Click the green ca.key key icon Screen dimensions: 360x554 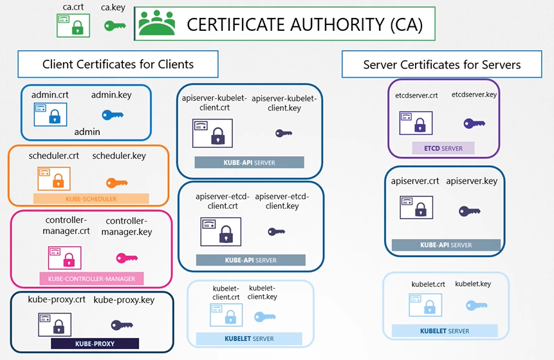[115, 26]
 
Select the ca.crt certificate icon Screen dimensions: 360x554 [71, 25]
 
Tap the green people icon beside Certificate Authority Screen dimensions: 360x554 [156, 24]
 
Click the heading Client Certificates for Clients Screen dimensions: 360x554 [118, 64]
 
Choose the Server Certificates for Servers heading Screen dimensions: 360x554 [441, 65]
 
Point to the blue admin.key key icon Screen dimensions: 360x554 [113, 115]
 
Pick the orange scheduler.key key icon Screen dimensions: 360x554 [116, 182]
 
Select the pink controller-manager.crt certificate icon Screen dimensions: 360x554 [64, 258]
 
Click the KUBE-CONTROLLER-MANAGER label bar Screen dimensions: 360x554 [91, 279]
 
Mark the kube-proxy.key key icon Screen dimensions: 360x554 [122, 325]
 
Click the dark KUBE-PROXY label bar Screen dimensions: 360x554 [95, 343]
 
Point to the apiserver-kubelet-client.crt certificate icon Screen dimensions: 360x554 [212, 133]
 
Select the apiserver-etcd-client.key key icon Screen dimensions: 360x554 [276, 231]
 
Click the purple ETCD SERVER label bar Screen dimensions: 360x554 [443, 148]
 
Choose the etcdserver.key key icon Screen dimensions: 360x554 [474, 123]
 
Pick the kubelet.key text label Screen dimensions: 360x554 [473, 283]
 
